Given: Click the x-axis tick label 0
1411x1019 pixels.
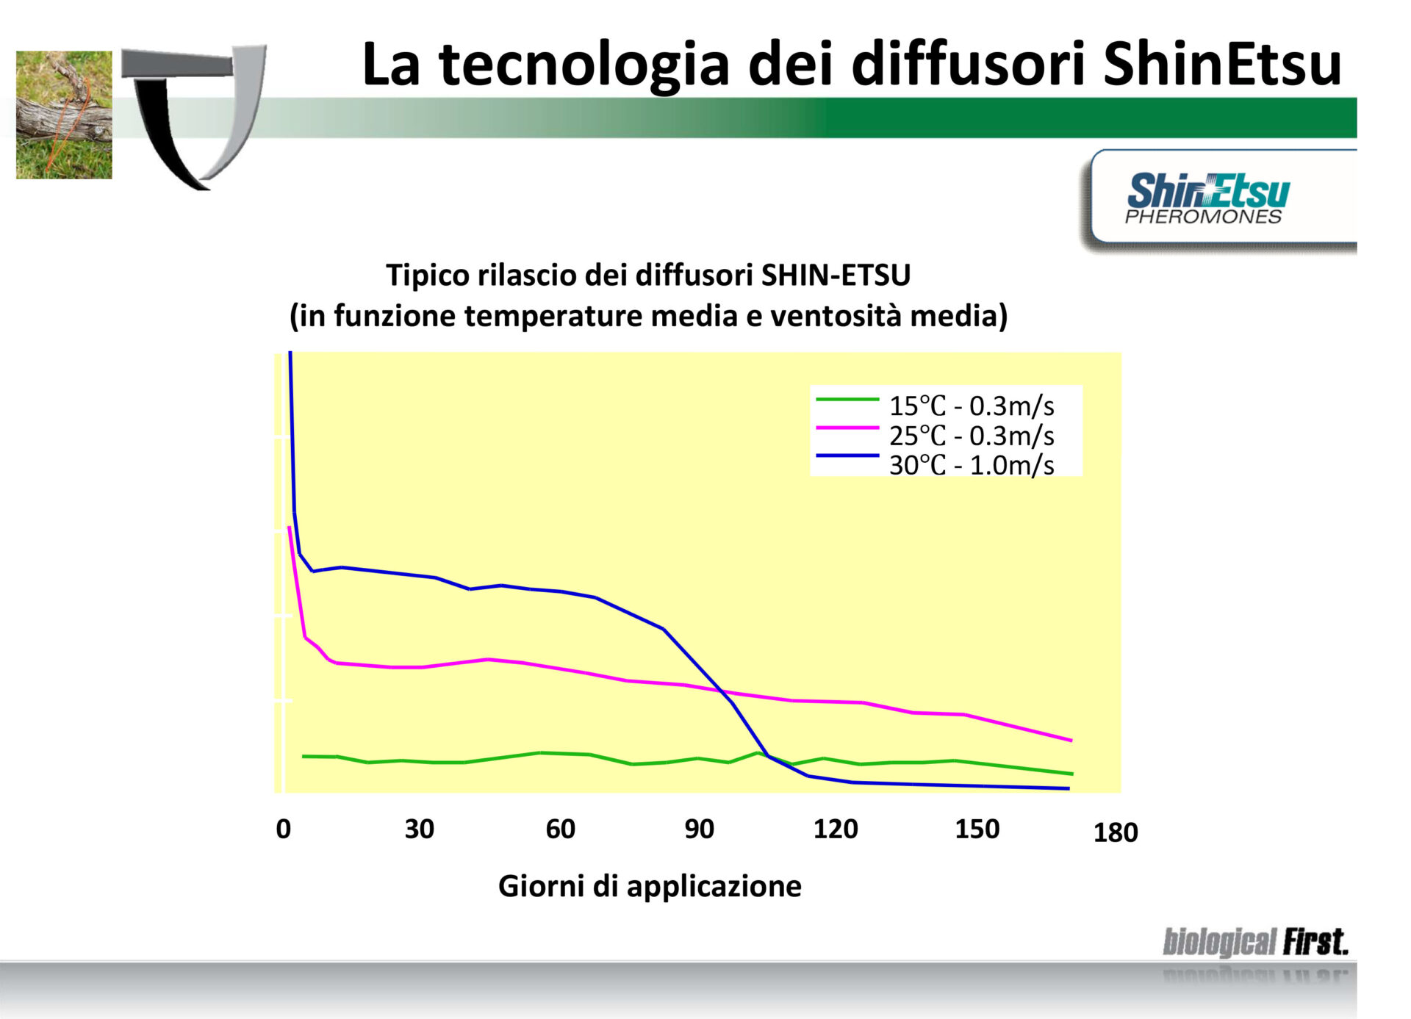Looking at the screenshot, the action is (283, 829).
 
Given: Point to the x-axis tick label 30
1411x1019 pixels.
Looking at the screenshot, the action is (419, 829).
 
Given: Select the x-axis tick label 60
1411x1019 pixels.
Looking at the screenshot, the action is (560, 829).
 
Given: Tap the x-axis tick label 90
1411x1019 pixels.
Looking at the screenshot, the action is (699, 829).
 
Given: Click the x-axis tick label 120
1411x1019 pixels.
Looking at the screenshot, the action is (836, 829).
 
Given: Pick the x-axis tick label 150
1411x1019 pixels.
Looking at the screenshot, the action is (977, 829).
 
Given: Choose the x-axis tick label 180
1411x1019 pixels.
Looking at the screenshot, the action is (1116, 832).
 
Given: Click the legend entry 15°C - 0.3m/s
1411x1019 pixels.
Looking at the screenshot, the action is (935, 405).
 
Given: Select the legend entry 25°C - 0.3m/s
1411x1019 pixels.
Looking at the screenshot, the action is (935, 435).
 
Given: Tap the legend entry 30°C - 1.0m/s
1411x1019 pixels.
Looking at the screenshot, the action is (935, 464).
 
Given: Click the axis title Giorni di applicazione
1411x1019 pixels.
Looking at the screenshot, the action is (650, 886).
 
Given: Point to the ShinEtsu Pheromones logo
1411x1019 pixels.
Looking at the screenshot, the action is (1207, 198).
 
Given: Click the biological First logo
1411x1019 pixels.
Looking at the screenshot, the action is (1255, 942).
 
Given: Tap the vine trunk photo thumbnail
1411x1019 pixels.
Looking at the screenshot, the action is (64, 115).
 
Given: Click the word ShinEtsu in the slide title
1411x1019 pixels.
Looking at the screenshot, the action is (1222, 64).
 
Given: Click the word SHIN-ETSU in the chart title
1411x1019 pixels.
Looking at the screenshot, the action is (836, 275).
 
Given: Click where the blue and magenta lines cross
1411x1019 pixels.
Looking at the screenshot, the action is (722, 691).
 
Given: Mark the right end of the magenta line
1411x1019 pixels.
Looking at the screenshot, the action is (1071, 741).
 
